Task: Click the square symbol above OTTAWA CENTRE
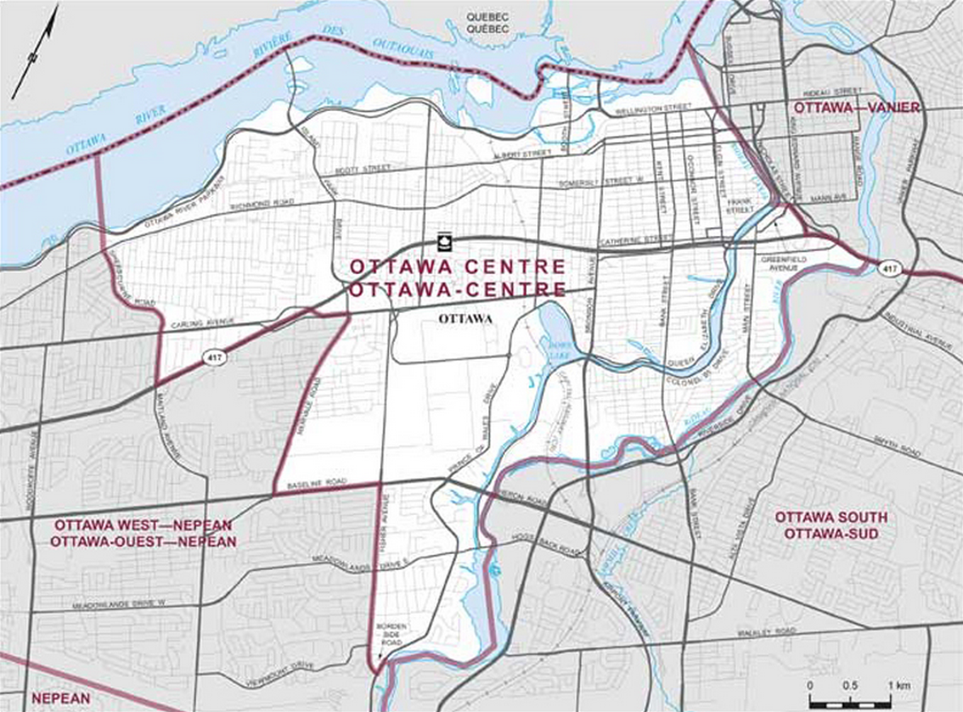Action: pos(443,240)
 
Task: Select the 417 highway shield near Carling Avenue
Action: pos(213,357)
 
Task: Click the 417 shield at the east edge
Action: pos(890,268)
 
